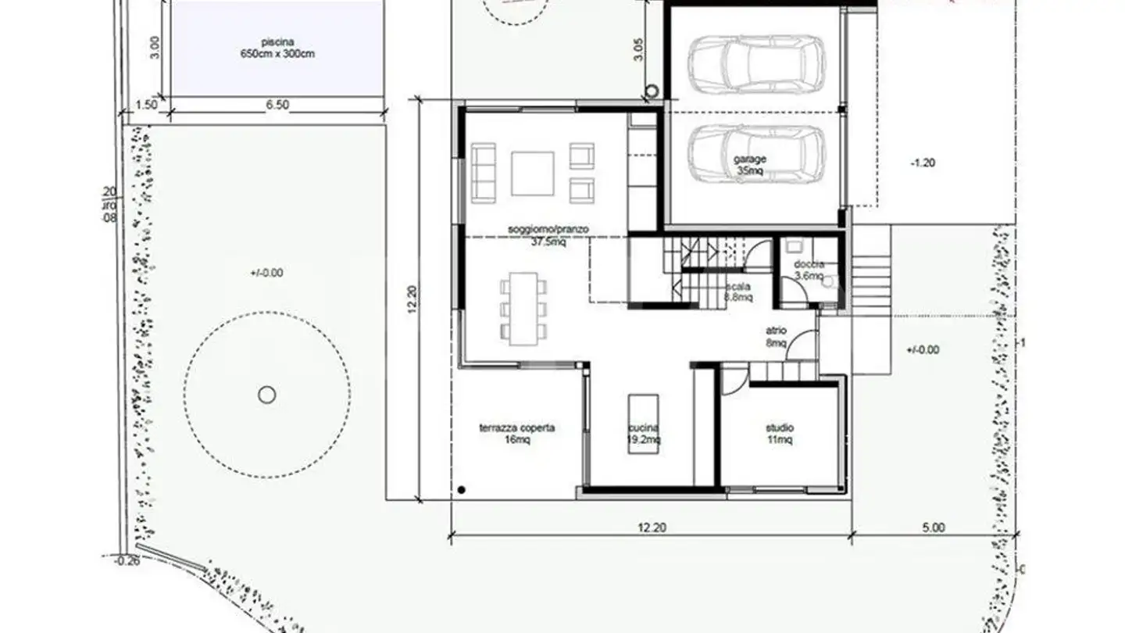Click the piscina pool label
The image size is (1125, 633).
278,48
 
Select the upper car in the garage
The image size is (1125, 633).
755,63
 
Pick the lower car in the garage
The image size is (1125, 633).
755,155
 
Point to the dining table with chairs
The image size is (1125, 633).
523,308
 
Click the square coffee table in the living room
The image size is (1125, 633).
532,173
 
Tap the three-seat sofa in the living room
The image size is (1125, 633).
483,173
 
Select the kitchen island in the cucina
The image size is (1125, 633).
643,422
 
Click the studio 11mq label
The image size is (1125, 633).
779,434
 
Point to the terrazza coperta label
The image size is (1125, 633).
516,434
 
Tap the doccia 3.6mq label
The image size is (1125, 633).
809,270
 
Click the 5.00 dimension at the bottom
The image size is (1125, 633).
933,527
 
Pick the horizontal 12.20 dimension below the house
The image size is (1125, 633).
652,527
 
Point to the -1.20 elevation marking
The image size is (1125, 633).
922,163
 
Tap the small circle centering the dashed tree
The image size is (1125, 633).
267,395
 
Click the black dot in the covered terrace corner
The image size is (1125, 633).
462,490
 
